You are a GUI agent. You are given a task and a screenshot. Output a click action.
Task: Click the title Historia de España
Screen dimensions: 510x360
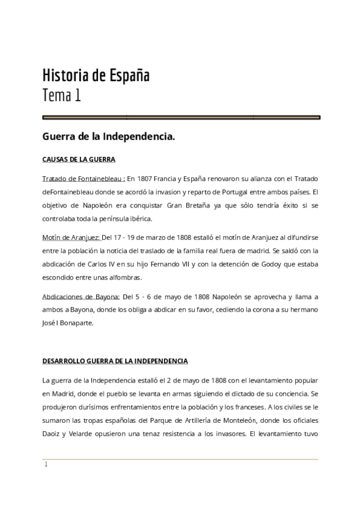(96, 76)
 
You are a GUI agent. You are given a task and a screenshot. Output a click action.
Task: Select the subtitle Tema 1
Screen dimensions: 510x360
(61, 95)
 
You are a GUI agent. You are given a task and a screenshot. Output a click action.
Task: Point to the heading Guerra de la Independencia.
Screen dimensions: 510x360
(109, 137)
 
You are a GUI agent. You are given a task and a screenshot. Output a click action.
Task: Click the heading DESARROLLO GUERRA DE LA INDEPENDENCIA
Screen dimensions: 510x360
(115, 361)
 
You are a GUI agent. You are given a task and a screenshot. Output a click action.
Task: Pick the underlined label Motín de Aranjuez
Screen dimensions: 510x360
(71, 237)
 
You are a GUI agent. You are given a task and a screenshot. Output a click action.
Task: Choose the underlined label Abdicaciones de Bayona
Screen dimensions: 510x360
(81, 296)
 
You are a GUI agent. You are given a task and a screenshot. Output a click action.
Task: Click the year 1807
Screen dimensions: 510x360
(146, 179)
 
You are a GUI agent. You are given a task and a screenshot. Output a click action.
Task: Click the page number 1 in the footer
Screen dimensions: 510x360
(45, 464)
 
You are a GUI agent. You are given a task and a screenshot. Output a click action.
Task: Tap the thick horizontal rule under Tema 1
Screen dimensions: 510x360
(181, 117)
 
